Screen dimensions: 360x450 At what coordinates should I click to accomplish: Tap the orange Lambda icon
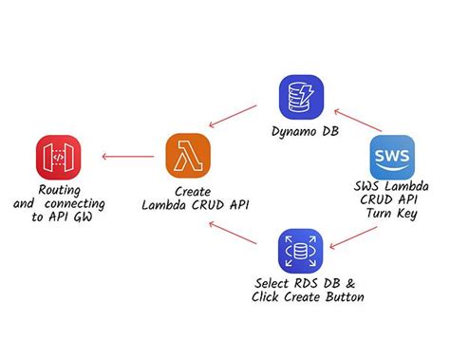(x=188, y=156)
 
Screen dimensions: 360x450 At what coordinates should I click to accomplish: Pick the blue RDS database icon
(x=302, y=251)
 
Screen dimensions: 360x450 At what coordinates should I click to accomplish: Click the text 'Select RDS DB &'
(x=306, y=283)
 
